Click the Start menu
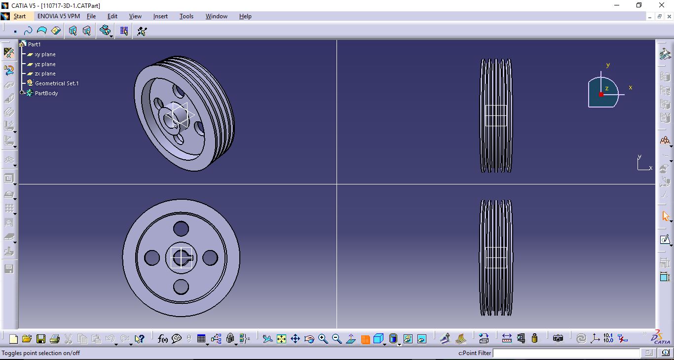pos(20,16)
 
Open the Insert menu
pos(160,16)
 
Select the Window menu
pos(216,16)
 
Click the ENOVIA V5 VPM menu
pos(58,16)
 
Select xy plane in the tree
pos(45,55)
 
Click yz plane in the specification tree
pos(45,64)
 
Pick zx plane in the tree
pos(45,73)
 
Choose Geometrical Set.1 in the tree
pos(56,83)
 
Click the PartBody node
pos(46,93)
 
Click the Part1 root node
pos(34,44)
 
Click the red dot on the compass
pos(601,94)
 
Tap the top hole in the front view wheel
pos(181,229)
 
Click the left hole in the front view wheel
pos(152,258)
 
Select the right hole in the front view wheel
pos(210,258)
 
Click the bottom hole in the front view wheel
pos(181,287)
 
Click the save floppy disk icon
pos(41,339)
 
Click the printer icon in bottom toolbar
pos(55,339)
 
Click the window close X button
pos(662,5)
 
